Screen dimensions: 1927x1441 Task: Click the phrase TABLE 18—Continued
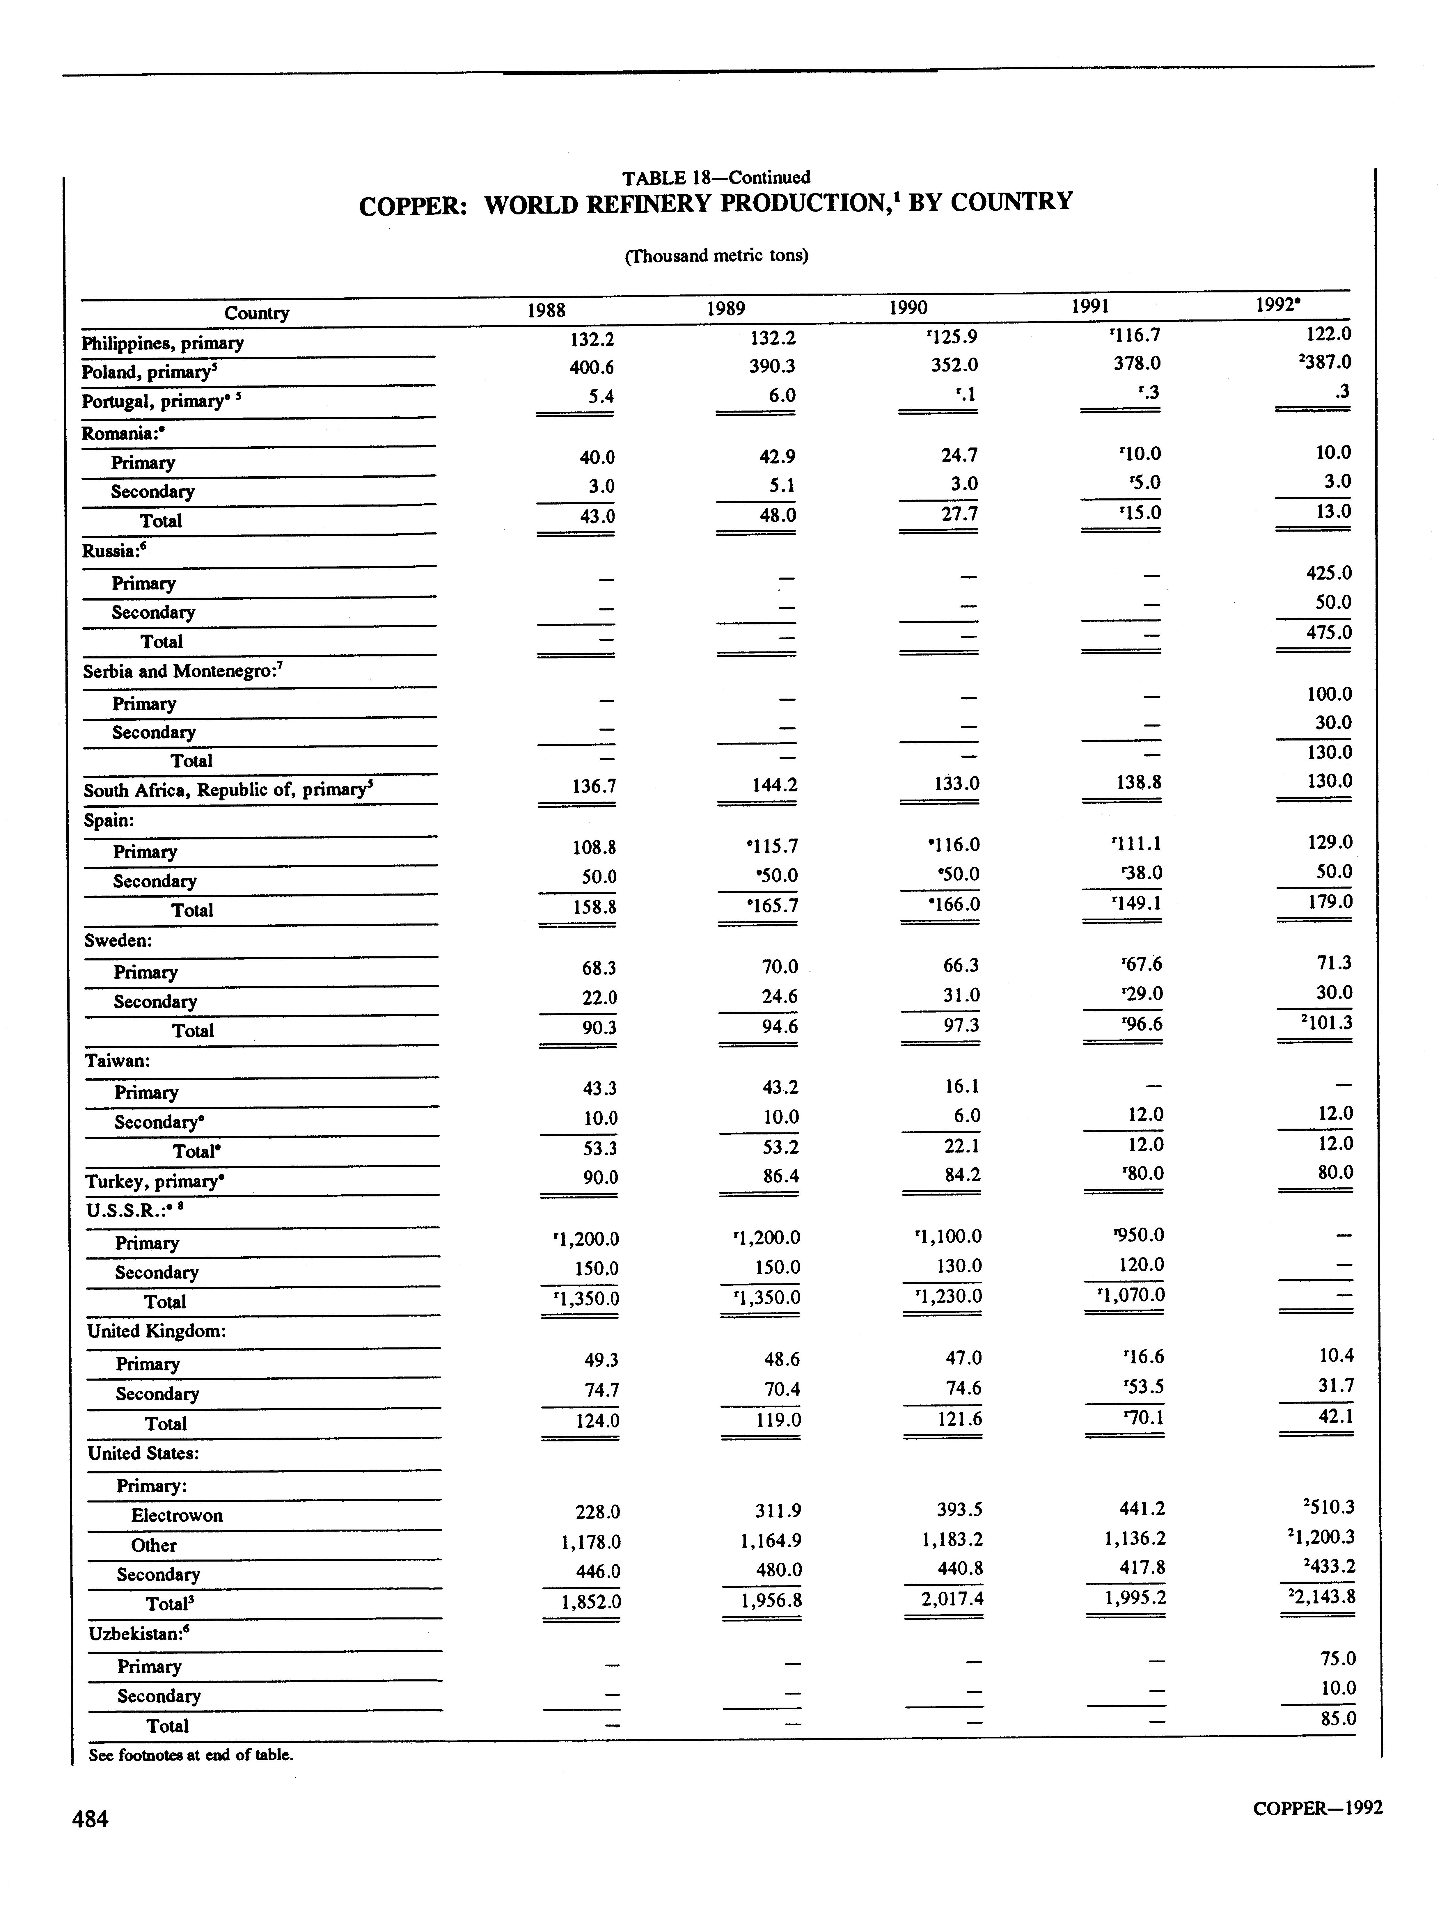tap(716, 178)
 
